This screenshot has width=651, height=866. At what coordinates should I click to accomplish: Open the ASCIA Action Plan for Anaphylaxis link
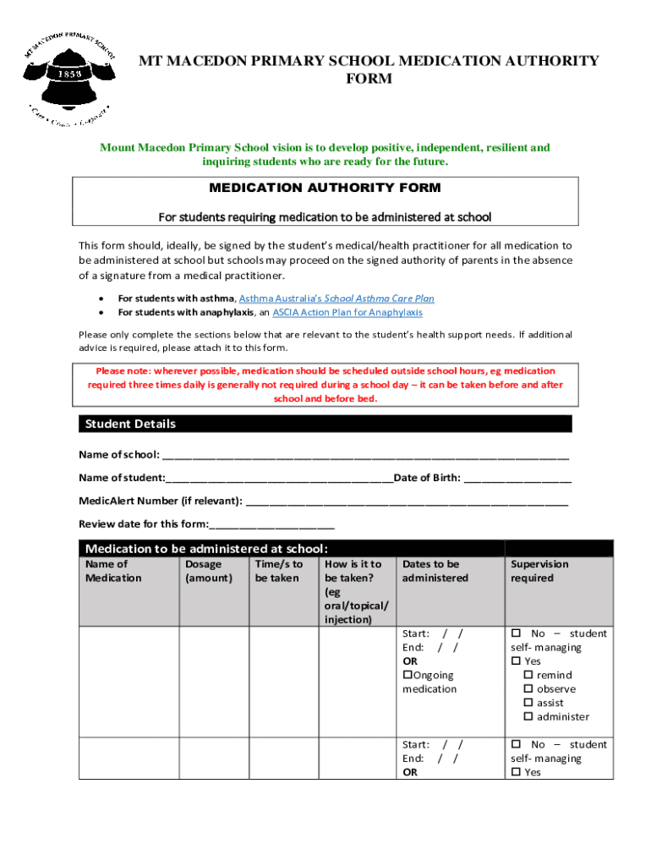(347, 312)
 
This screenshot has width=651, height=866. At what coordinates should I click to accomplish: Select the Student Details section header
(325, 424)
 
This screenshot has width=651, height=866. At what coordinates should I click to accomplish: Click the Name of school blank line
(365, 455)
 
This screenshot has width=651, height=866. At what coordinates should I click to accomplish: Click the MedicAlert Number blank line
(407, 501)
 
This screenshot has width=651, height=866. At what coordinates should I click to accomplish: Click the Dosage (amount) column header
(208, 571)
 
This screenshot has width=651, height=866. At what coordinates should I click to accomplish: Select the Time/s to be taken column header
(278, 571)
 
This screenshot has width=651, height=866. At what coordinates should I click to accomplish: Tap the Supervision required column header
(539, 571)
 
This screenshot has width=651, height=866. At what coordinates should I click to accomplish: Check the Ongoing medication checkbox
(407, 675)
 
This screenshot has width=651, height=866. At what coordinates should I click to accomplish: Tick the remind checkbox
(528, 675)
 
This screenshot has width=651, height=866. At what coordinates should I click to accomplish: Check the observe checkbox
(528, 689)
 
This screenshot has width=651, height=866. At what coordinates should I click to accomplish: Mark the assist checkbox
(528, 703)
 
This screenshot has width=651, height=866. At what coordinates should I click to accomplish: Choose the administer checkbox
(528, 717)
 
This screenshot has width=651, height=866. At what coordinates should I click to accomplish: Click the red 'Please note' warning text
(325, 385)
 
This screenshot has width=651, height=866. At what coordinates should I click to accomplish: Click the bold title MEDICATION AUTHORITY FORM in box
(325, 188)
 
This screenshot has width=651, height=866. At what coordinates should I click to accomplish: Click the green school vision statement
(325, 154)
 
